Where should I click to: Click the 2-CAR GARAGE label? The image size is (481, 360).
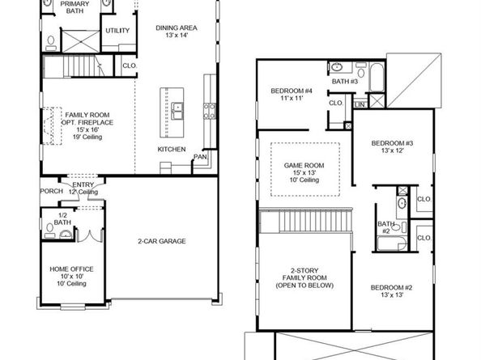[162, 241]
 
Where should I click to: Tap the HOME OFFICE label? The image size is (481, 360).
[71, 269]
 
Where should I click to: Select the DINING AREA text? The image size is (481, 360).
[177, 28]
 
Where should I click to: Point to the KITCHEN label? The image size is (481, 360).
[172, 149]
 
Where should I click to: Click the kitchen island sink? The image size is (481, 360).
[177, 111]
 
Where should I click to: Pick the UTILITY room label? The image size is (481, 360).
[117, 31]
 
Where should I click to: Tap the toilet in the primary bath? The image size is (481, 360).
[51, 43]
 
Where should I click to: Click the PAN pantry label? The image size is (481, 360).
[200, 157]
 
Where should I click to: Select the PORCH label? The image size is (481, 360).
[52, 191]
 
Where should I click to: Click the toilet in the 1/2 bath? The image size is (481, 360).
[49, 231]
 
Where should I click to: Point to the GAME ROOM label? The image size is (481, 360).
[304, 166]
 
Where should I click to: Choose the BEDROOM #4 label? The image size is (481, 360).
[292, 91]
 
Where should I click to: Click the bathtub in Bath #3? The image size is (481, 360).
[377, 77]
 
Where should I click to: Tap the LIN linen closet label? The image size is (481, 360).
[360, 105]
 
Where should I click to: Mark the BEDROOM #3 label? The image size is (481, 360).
[393, 143]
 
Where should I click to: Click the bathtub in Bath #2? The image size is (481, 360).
[392, 244]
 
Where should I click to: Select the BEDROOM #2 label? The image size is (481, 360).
[392, 287]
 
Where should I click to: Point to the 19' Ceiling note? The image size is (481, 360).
[87, 137]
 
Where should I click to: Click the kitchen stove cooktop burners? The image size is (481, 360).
[210, 111]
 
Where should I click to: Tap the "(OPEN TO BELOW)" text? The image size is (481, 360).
[304, 286]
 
